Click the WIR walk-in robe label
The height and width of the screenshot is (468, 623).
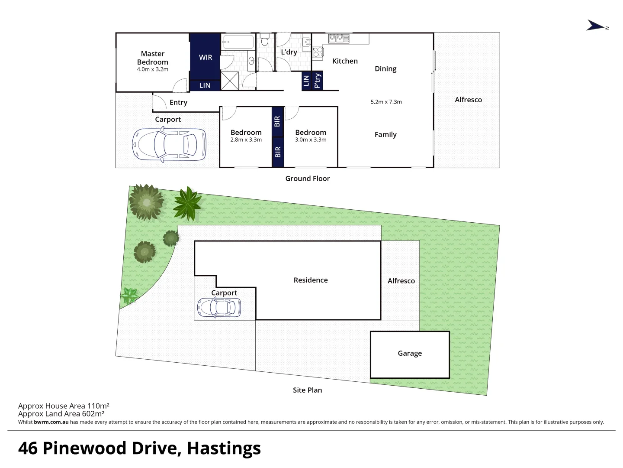[x=206, y=57]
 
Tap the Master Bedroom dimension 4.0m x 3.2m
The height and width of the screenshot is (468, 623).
[x=153, y=69]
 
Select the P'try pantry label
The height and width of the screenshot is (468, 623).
[x=317, y=81]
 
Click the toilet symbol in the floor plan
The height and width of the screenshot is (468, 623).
[x=265, y=40]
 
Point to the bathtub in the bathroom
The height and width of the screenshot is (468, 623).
[x=238, y=42]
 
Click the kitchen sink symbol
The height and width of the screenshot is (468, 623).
[x=339, y=38]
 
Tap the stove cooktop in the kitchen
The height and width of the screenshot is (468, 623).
[x=318, y=52]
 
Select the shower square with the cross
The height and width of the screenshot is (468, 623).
[x=229, y=81]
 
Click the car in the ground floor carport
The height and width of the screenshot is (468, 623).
[x=169, y=144]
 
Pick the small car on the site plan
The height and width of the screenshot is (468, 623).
[x=218, y=308]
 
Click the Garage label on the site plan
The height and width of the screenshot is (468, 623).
[x=410, y=354]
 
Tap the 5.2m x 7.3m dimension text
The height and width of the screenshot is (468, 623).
[x=386, y=102]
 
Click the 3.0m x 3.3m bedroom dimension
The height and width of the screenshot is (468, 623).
[x=311, y=140]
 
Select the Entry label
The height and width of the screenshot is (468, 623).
[x=178, y=103]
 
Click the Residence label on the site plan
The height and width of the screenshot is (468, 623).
[x=311, y=280]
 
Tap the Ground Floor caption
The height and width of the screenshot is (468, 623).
[x=307, y=179]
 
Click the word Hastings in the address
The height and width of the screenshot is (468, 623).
[x=224, y=448]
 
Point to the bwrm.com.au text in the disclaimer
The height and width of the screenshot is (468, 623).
[x=51, y=422]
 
